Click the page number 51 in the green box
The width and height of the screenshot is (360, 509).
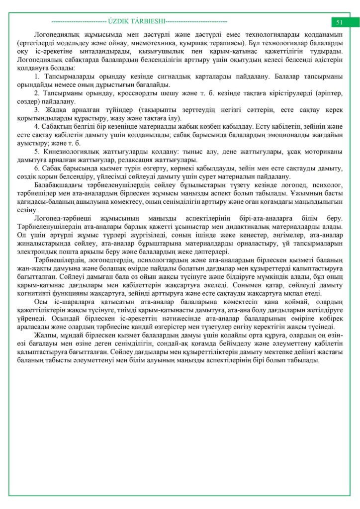click(x=340, y=22)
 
